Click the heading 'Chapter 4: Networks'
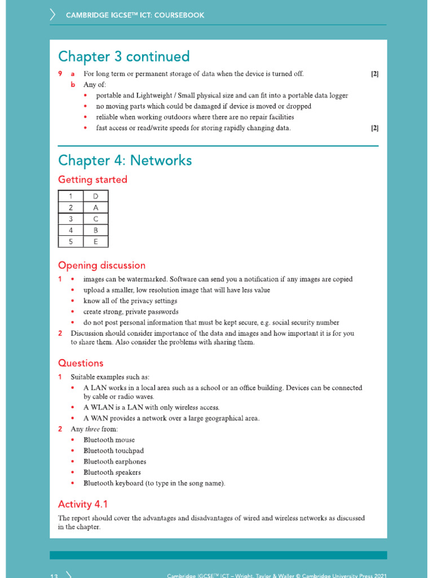click(125, 161)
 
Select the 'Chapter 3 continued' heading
click(123, 57)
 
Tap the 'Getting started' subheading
click(92, 180)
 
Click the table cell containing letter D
click(95, 196)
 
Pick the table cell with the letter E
click(95, 242)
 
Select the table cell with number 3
click(70, 219)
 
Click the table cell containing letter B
click(95, 230)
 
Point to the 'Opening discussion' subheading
click(101, 265)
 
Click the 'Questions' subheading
click(81, 363)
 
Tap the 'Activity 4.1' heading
click(83, 504)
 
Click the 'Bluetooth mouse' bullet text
click(109, 440)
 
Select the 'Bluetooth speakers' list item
click(112, 472)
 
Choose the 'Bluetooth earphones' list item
click(114, 462)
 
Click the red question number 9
click(60, 74)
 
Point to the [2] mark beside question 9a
click(374, 74)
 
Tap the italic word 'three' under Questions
click(92, 429)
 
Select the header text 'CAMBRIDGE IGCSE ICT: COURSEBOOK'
click(135, 15)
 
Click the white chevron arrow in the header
click(53, 15)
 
